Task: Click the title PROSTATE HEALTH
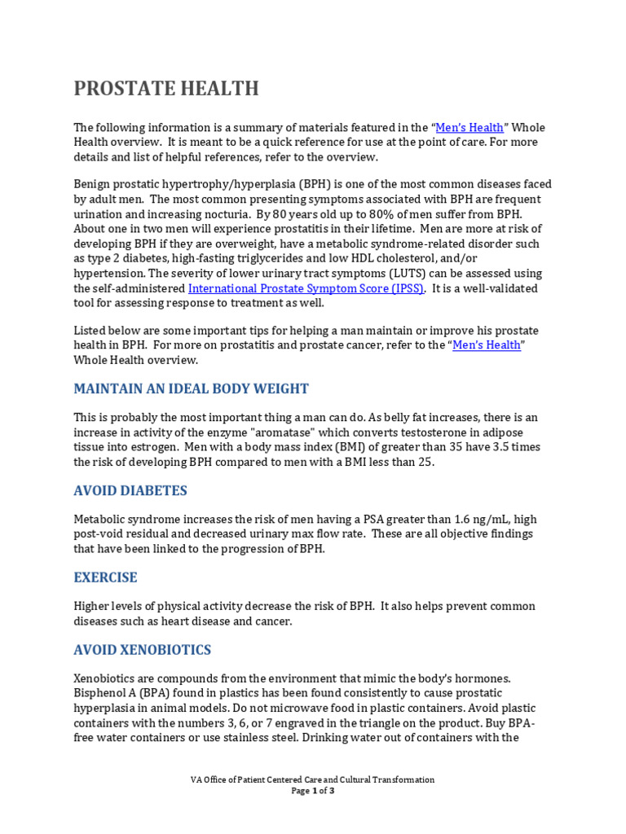[x=166, y=88]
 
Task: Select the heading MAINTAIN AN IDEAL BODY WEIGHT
[x=191, y=388]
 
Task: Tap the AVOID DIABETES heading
[x=130, y=490]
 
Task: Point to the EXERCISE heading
[x=105, y=577]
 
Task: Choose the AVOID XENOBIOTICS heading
[x=142, y=650]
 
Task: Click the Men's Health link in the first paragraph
[x=469, y=127]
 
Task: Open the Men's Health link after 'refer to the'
[x=487, y=345]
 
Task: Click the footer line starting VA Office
[x=312, y=779]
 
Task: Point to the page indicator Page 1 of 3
[x=312, y=791]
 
